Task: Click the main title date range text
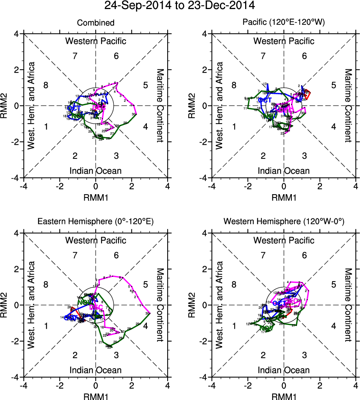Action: click(x=180, y=6)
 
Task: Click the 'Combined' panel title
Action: click(x=96, y=23)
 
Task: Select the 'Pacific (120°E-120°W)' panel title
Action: click(x=284, y=23)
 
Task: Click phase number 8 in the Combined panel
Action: click(x=46, y=85)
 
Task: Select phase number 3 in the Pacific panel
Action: click(x=304, y=156)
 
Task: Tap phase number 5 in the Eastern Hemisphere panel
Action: click(x=145, y=284)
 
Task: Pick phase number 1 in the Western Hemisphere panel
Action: click(x=234, y=326)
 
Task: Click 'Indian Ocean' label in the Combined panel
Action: click(x=96, y=171)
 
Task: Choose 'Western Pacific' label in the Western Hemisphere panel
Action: click(x=284, y=240)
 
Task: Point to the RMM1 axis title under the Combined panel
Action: click(x=96, y=196)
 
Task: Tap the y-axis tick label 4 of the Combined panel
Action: click(x=17, y=34)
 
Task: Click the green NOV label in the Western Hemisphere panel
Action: click(x=266, y=328)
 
